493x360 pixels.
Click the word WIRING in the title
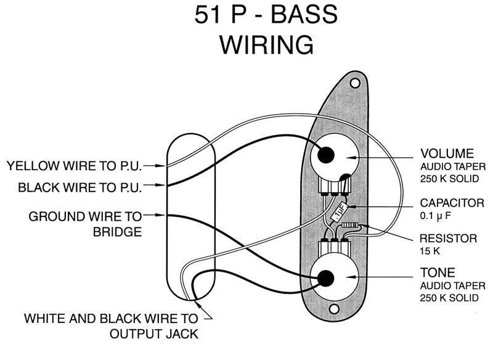point(267,45)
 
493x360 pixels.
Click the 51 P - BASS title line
point(266,14)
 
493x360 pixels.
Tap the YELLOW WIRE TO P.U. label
point(74,166)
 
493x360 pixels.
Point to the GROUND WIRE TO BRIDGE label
point(85,224)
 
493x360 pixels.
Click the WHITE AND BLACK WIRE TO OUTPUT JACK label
point(111,326)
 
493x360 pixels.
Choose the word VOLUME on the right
point(447,153)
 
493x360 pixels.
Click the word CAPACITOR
point(452,203)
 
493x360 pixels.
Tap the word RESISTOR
point(448,238)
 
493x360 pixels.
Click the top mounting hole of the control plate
point(354,82)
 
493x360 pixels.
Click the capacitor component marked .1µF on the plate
point(338,213)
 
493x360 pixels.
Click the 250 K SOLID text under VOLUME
point(449,177)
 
